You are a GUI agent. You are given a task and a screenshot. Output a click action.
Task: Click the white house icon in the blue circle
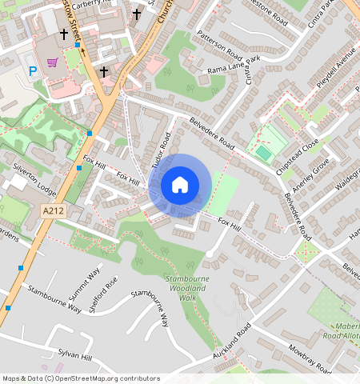180,185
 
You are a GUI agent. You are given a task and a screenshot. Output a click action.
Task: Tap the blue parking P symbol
33,71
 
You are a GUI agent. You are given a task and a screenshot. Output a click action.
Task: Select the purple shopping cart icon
53,62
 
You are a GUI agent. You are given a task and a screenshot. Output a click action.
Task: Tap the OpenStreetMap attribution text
80,378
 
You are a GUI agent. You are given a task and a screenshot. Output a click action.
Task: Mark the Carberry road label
94,4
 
